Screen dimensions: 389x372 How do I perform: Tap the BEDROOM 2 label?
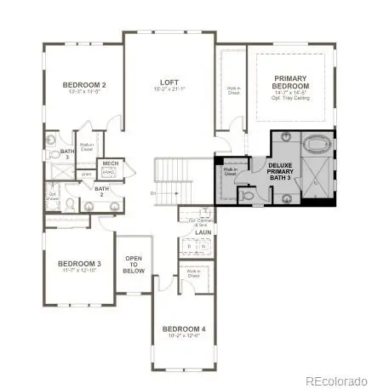[84, 85]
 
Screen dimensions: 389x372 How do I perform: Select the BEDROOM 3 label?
[81, 265]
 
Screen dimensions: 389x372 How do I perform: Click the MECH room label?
[111, 162]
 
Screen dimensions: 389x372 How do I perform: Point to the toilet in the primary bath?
[247, 195]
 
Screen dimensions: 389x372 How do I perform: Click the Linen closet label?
[86, 174]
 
